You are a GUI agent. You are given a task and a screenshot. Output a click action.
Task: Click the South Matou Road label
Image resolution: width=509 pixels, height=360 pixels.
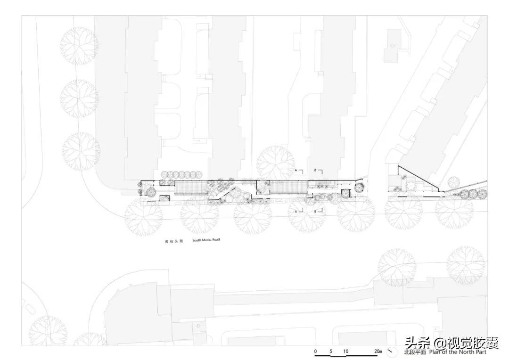(206, 240)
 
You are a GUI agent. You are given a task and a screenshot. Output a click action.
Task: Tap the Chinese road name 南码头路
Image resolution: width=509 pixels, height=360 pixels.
(173, 241)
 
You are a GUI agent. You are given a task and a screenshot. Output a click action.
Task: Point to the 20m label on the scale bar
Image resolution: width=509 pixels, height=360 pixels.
(378, 352)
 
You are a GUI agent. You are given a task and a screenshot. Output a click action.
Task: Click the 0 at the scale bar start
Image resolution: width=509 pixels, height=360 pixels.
(316, 352)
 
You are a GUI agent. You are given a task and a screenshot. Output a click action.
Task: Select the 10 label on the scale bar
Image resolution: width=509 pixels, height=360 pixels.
(346, 352)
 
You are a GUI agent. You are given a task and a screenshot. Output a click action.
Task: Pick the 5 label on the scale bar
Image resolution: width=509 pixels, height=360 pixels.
(331, 352)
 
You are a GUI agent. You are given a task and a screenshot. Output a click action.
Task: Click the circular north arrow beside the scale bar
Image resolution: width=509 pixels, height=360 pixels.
(391, 352)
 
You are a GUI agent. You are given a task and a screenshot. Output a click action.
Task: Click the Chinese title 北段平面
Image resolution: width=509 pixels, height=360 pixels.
(415, 352)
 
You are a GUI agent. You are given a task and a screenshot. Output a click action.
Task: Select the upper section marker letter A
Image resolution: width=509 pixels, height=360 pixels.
(296, 169)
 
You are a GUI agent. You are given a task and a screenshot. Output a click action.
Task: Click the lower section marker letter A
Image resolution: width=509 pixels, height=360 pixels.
(296, 212)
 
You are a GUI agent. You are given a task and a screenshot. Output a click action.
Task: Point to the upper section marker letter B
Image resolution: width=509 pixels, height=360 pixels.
(315, 169)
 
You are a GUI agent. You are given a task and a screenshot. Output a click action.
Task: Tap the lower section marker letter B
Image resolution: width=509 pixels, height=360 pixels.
(315, 212)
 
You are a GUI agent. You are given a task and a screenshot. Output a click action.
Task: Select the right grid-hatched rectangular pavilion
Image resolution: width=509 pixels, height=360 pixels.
(288, 188)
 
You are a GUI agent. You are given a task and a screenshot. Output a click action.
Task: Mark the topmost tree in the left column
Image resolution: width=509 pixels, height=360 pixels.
(79, 46)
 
